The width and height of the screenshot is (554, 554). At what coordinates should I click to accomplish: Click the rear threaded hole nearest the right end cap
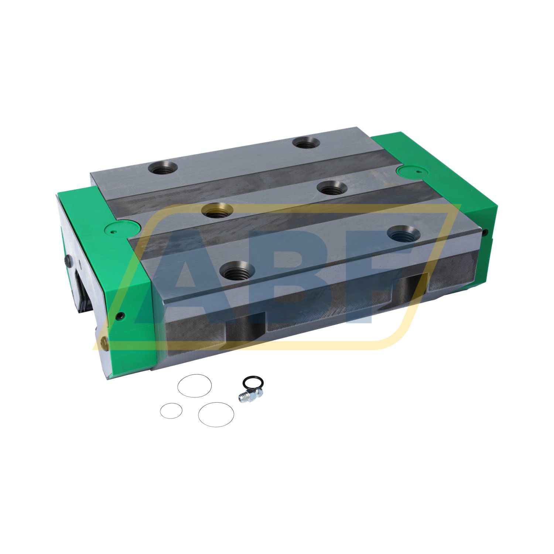[307, 142]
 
